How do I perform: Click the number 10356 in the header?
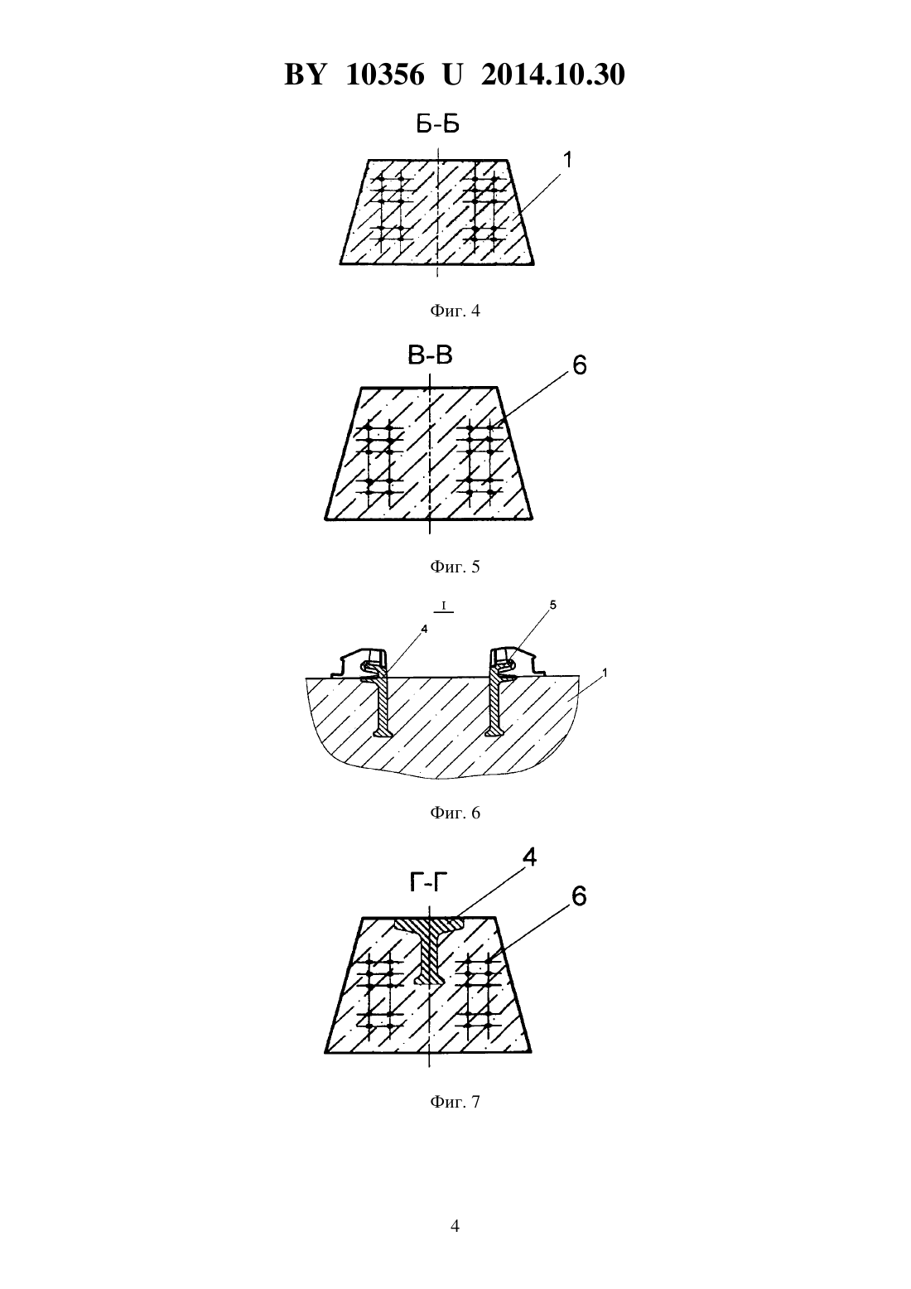pos(385,75)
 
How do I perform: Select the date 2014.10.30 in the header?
pos(552,75)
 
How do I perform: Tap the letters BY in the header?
pos(305,75)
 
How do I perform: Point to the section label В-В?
pos(430,355)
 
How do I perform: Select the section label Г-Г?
pos(429,881)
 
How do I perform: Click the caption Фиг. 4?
pos(455,311)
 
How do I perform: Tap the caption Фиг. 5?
pos(455,567)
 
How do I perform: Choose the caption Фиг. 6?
pos(455,813)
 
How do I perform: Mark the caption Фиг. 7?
pos(455,1102)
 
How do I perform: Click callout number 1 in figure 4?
pos(567,160)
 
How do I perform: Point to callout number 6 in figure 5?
pos(580,364)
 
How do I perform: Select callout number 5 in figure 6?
pos(552,605)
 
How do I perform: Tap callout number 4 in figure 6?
pos(424,630)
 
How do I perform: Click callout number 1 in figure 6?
pos(605,672)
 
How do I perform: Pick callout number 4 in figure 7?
pos(529,858)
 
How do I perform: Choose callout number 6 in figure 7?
pos(579,896)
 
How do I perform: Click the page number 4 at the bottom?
pos(455,1226)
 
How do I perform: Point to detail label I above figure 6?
pos(444,606)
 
